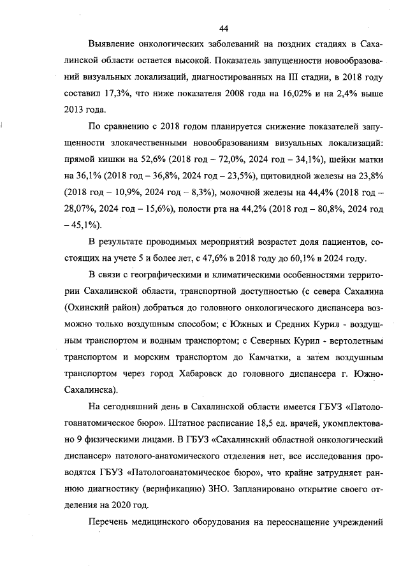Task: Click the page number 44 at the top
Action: click(223, 28)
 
